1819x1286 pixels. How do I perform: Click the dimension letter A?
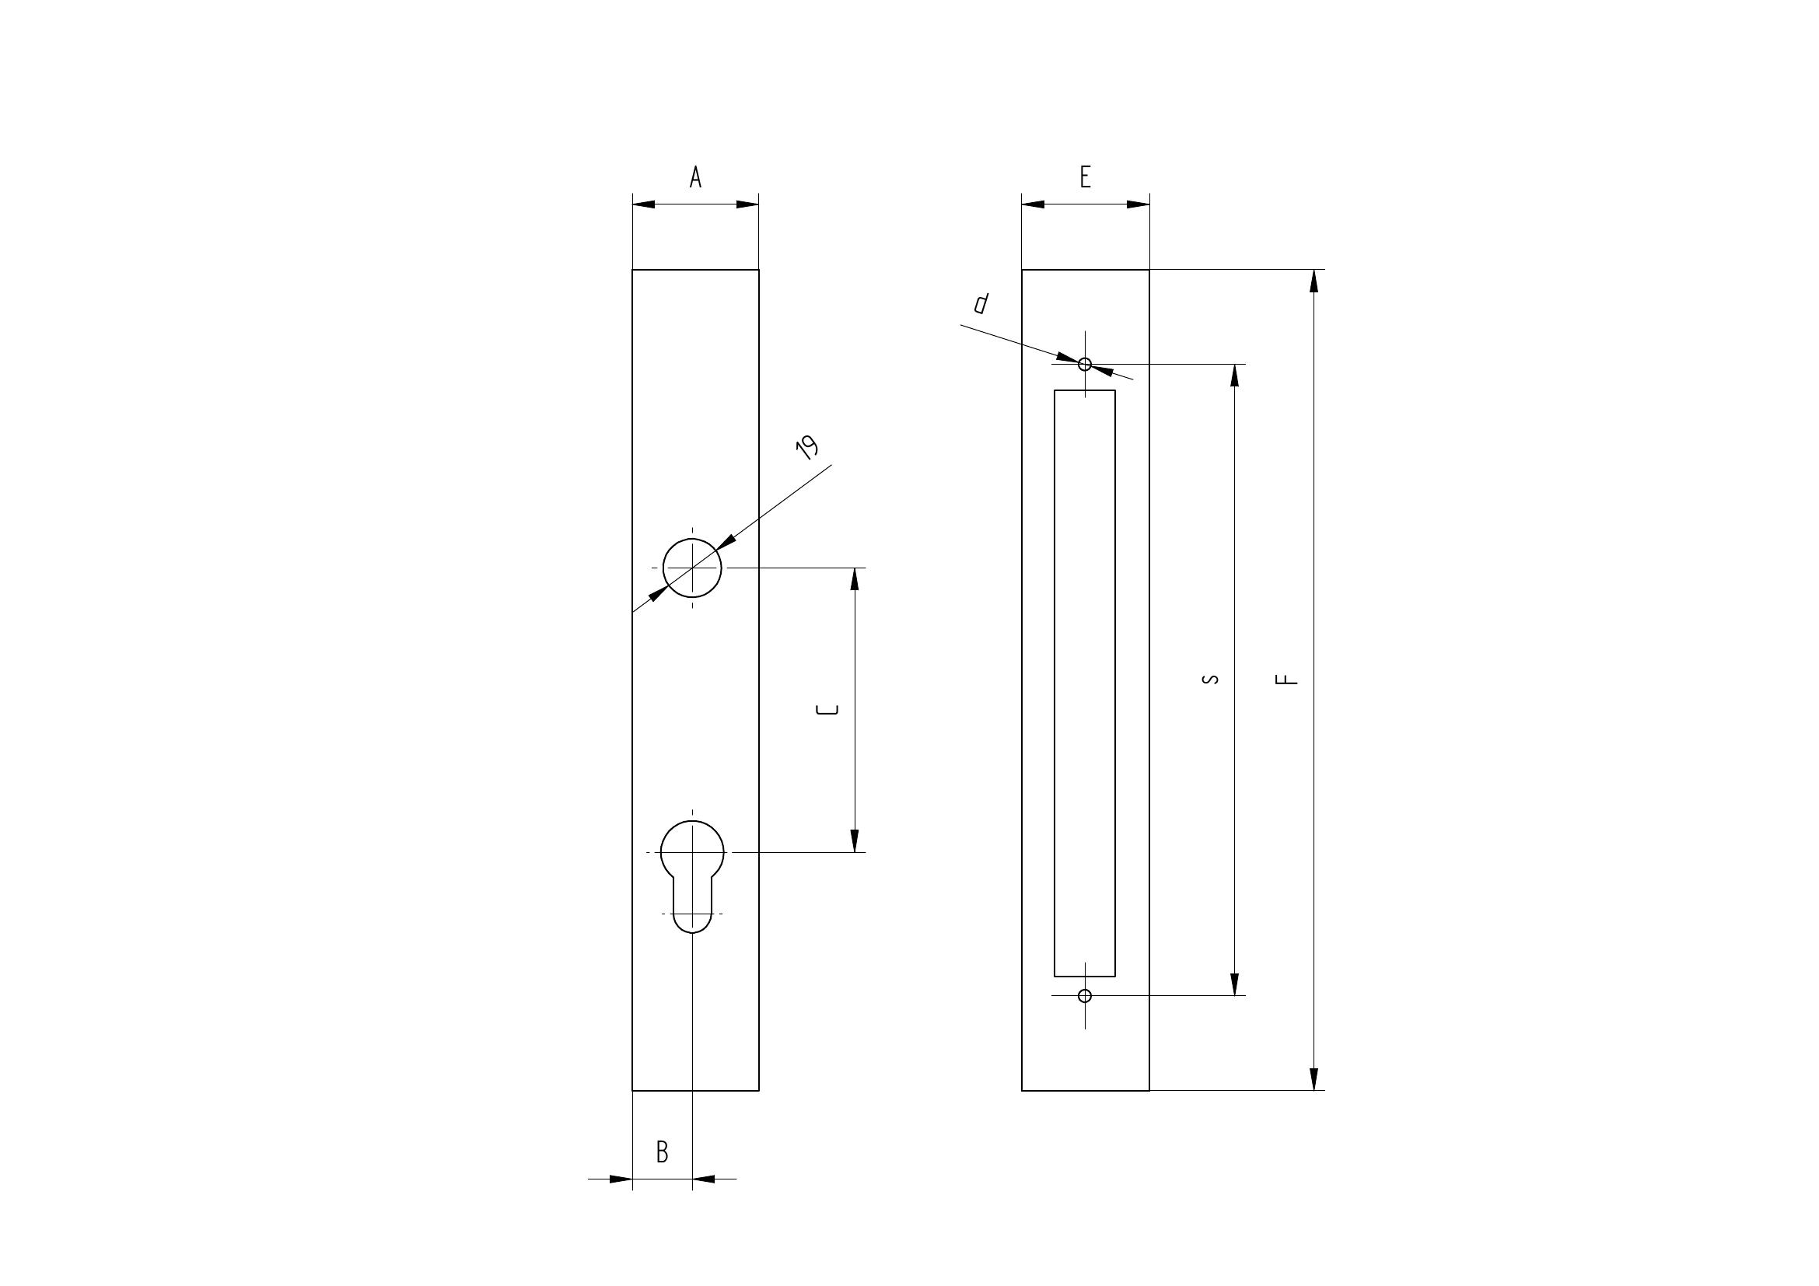pos(695,176)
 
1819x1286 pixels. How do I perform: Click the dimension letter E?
pos(1086,176)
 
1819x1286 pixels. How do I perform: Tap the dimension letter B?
pos(663,1151)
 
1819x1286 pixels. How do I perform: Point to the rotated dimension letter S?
pos(1211,679)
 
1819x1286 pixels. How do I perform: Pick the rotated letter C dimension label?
pos(828,710)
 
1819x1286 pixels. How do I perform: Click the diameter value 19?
pos(807,448)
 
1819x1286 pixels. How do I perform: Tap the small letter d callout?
pos(981,303)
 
